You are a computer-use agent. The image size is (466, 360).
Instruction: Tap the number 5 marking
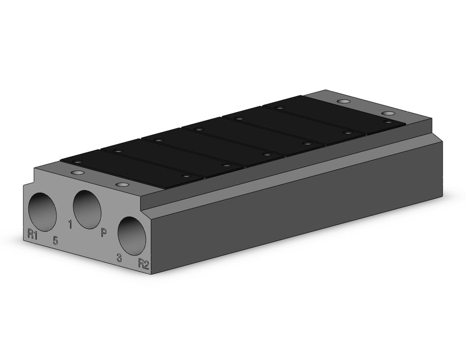coord(55,240)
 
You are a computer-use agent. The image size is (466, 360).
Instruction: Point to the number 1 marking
coord(70,224)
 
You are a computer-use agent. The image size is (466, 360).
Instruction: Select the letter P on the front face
coord(103,232)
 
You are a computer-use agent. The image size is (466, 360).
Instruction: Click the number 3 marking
coord(119,258)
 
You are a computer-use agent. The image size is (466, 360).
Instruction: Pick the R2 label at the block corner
coord(143,264)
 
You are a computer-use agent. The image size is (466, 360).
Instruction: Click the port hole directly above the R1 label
coord(43,212)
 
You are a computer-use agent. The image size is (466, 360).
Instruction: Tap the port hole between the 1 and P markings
coord(87,210)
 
